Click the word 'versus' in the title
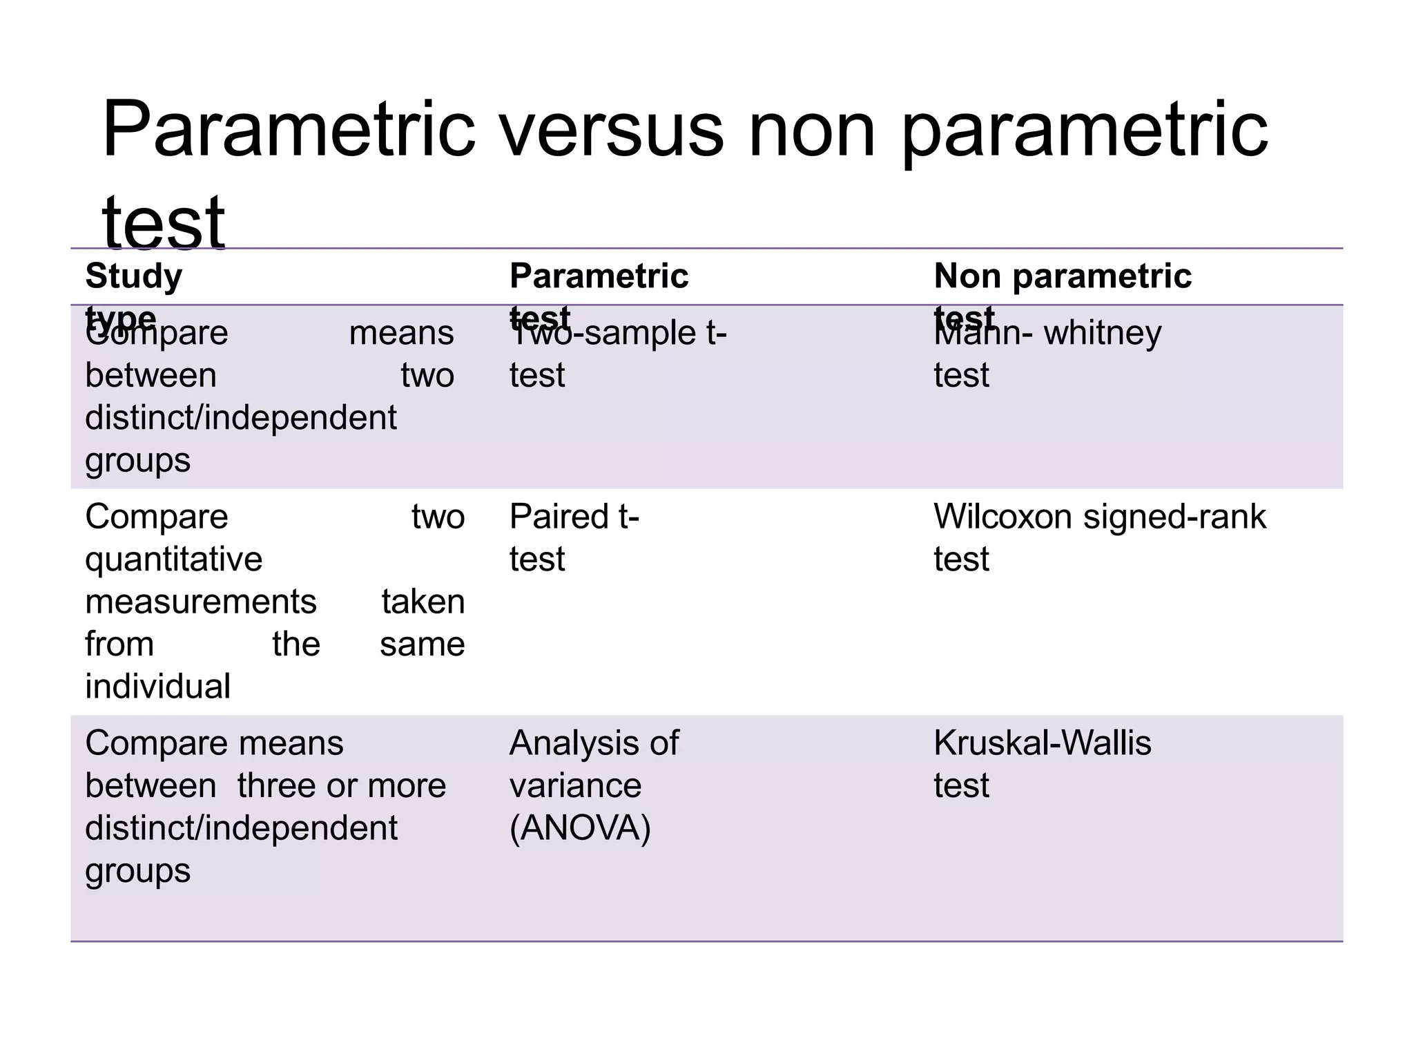[x=612, y=129]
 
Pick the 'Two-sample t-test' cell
[x=617, y=354]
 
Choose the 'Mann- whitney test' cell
[x=1047, y=354]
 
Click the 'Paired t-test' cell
[x=574, y=537]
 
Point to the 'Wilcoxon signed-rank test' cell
[x=1099, y=537]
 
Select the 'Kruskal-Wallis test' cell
[x=1042, y=763]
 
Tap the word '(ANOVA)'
[x=580, y=828]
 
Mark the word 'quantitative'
[x=173, y=559]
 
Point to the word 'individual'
[x=157, y=686]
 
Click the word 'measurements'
[x=200, y=601]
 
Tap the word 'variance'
[x=575, y=785]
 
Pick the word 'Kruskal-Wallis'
[x=1042, y=743]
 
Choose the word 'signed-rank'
[x=1174, y=516]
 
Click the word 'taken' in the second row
[x=423, y=601]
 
